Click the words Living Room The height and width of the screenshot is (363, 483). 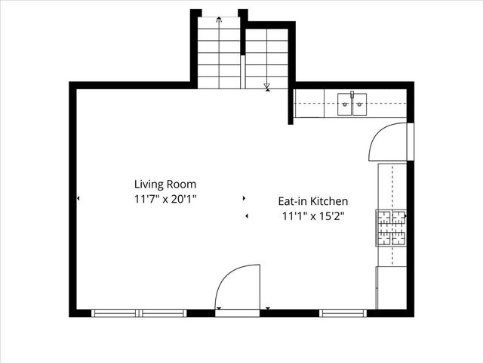tap(165, 184)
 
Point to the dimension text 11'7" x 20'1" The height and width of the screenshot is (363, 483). tap(165, 200)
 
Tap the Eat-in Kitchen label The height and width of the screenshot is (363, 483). tap(313, 201)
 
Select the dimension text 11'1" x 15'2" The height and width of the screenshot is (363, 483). tap(313, 216)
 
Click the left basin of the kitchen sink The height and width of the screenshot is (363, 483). tap(345, 104)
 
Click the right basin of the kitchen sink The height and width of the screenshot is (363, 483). tap(359, 104)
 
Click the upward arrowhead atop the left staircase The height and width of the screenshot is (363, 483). tap(219, 19)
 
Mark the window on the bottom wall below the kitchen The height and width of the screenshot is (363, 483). tap(343, 312)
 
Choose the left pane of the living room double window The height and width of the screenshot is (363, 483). tap(115, 312)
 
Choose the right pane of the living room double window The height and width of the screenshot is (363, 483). tap(163, 312)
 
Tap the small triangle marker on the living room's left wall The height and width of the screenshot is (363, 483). tap(78, 199)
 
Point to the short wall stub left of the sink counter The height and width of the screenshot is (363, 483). tap(291, 106)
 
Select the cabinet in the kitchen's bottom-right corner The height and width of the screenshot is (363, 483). tap(392, 287)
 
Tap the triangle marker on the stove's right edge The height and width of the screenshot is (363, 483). tap(406, 216)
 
